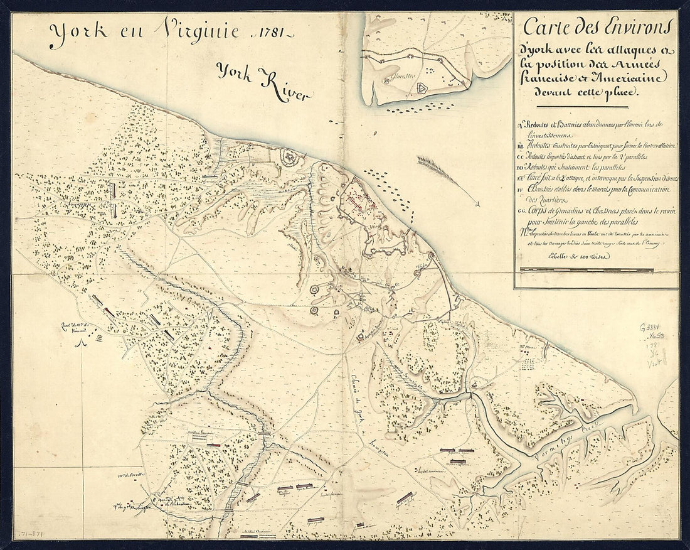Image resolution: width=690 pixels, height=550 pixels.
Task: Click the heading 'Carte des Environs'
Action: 597,28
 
